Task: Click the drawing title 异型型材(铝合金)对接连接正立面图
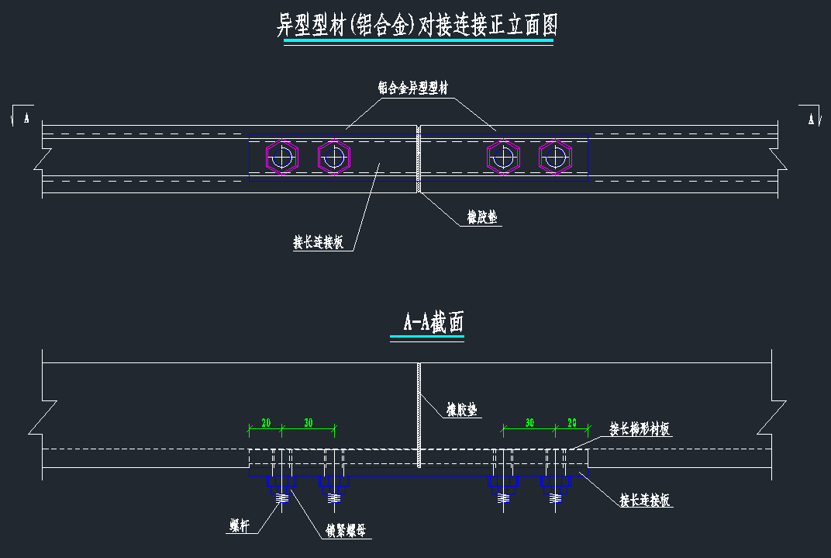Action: (418, 26)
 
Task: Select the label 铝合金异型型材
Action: (412, 88)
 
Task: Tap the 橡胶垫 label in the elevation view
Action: (482, 220)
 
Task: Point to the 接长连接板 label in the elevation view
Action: (318, 243)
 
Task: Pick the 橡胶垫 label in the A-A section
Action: (462, 409)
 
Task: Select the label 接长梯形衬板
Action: (640, 428)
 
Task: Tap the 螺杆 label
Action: (240, 525)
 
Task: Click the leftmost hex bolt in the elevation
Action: (282, 158)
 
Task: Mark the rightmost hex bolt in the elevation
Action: (555, 158)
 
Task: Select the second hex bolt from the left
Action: (334, 158)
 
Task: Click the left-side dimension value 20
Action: (265, 423)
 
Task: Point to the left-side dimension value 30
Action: (308, 423)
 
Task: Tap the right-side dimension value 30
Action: (529, 423)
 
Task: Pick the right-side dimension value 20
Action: (572, 423)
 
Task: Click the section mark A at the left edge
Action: (26, 118)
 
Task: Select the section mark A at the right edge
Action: (811, 118)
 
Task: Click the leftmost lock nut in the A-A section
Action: (281, 484)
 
